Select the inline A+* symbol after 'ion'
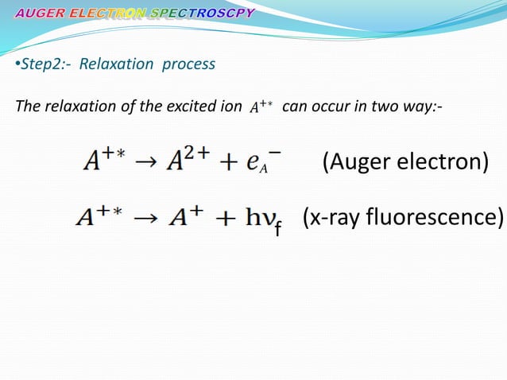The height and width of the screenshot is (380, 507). point(257,108)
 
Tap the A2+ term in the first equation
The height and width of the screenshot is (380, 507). point(187,163)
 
